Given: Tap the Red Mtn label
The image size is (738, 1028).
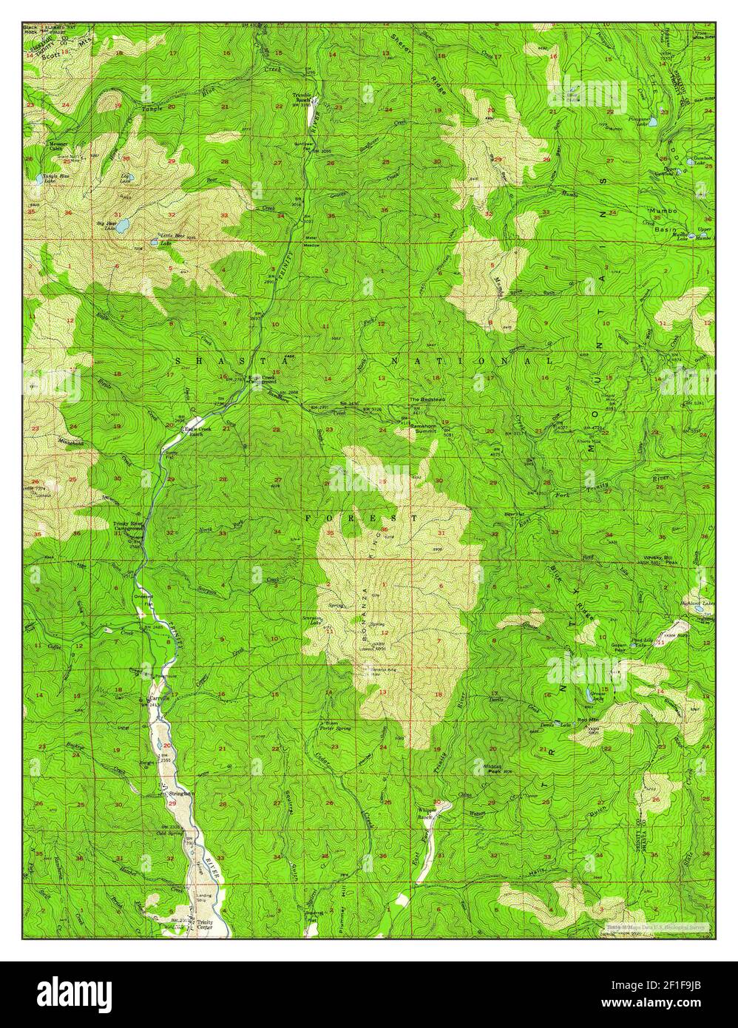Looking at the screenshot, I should [x=587, y=719].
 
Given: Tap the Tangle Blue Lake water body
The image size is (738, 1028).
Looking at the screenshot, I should [x=37, y=179].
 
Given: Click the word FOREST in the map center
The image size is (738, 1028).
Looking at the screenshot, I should [x=362, y=518].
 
